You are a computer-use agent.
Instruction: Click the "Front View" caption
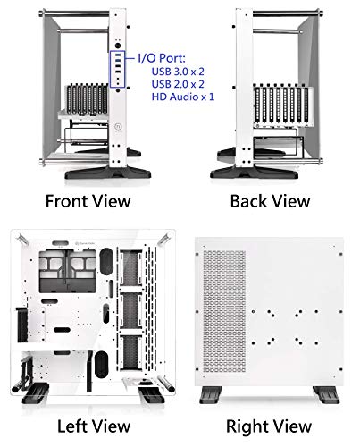(88, 200)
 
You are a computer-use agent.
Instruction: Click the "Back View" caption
(270, 200)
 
